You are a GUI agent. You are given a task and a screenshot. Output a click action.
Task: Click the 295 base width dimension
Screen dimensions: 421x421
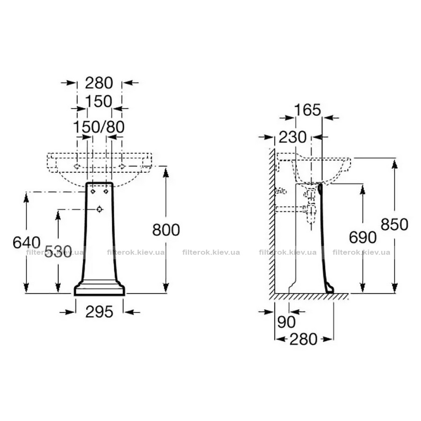click(x=99, y=312)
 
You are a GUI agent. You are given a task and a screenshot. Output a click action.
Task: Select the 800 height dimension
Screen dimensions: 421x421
click(x=166, y=230)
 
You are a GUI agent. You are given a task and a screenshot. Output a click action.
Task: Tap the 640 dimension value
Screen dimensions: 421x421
click(x=27, y=242)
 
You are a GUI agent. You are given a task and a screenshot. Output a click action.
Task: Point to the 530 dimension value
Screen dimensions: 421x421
click(x=58, y=252)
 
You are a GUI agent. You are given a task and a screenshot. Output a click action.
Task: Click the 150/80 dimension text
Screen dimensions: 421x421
click(x=99, y=127)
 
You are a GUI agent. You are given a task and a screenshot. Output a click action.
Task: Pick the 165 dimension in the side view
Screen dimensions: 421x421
click(x=307, y=110)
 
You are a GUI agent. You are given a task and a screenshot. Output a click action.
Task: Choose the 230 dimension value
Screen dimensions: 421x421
click(x=293, y=137)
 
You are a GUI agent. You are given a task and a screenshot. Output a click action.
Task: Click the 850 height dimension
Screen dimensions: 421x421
click(x=394, y=224)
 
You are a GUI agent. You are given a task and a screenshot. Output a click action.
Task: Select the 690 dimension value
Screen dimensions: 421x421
click(x=363, y=237)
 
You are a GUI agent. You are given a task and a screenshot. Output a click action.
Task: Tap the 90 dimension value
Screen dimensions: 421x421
click(x=286, y=322)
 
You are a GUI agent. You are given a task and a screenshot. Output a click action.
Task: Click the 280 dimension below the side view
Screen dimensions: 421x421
click(x=304, y=339)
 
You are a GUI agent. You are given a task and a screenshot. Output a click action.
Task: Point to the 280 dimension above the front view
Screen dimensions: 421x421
click(x=99, y=83)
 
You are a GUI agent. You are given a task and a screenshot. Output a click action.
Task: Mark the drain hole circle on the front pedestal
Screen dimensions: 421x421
click(x=100, y=209)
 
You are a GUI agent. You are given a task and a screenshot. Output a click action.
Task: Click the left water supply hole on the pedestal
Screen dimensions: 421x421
click(x=93, y=192)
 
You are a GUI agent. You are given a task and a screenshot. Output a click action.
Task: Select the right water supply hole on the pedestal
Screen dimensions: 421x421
click(x=106, y=192)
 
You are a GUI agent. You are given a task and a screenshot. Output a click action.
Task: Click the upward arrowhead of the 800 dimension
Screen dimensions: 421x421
click(x=166, y=172)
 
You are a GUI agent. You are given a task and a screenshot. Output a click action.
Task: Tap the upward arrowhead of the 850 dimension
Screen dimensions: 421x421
click(x=394, y=163)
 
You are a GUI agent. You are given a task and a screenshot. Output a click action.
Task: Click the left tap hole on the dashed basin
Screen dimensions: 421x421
click(x=77, y=166)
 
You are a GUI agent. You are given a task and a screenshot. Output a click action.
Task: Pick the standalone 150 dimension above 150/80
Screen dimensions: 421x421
click(x=99, y=101)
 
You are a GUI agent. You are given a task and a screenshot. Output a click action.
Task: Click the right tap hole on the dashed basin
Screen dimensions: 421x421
click(x=122, y=166)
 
